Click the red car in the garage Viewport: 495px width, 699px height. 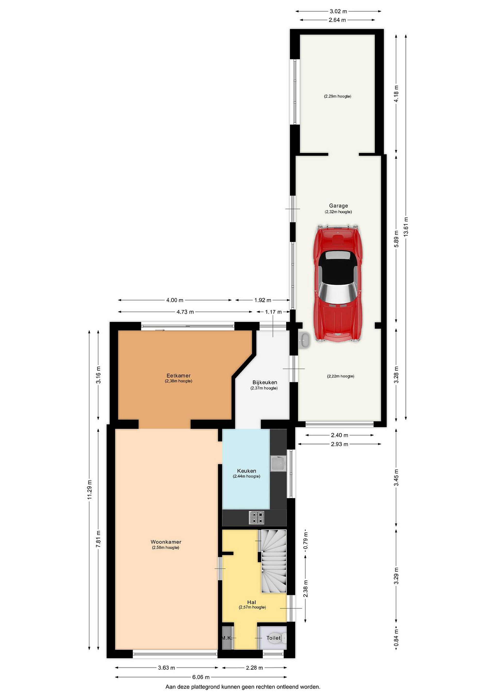[x=338, y=284]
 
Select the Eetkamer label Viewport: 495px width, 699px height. [x=178, y=375]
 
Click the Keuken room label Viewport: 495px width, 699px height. [x=247, y=471]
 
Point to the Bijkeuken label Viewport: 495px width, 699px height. [x=265, y=382]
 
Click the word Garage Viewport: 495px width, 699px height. [x=338, y=206]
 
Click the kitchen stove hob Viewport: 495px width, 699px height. [x=257, y=517]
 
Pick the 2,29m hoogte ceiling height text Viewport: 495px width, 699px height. [x=338, y=96]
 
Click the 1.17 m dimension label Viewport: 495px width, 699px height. [x=273, y=312]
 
